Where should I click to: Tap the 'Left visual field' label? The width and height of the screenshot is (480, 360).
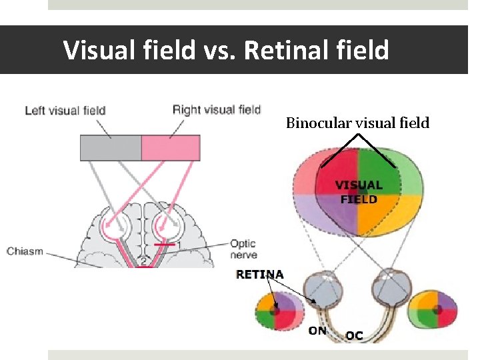[x=65, y=110]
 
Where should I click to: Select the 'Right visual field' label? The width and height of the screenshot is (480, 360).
[x=216, y=109]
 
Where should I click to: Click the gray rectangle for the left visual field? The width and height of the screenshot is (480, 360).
[x=111, y=147]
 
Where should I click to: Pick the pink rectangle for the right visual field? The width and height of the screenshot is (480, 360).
[x=171, y=147]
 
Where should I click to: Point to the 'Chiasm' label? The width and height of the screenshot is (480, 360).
[x=25, y=251]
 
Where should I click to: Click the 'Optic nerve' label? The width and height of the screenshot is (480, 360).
[x=243, y=249]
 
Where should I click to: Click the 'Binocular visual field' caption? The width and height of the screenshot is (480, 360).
[x=357, y=123]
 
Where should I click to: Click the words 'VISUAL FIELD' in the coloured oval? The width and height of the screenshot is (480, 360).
[x=358, y=192]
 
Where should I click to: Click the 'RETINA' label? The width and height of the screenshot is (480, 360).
[x=260, y=274]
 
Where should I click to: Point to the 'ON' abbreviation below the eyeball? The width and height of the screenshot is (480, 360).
[x=317, y=330]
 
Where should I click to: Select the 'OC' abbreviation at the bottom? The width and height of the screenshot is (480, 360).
[x=354, y=335]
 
